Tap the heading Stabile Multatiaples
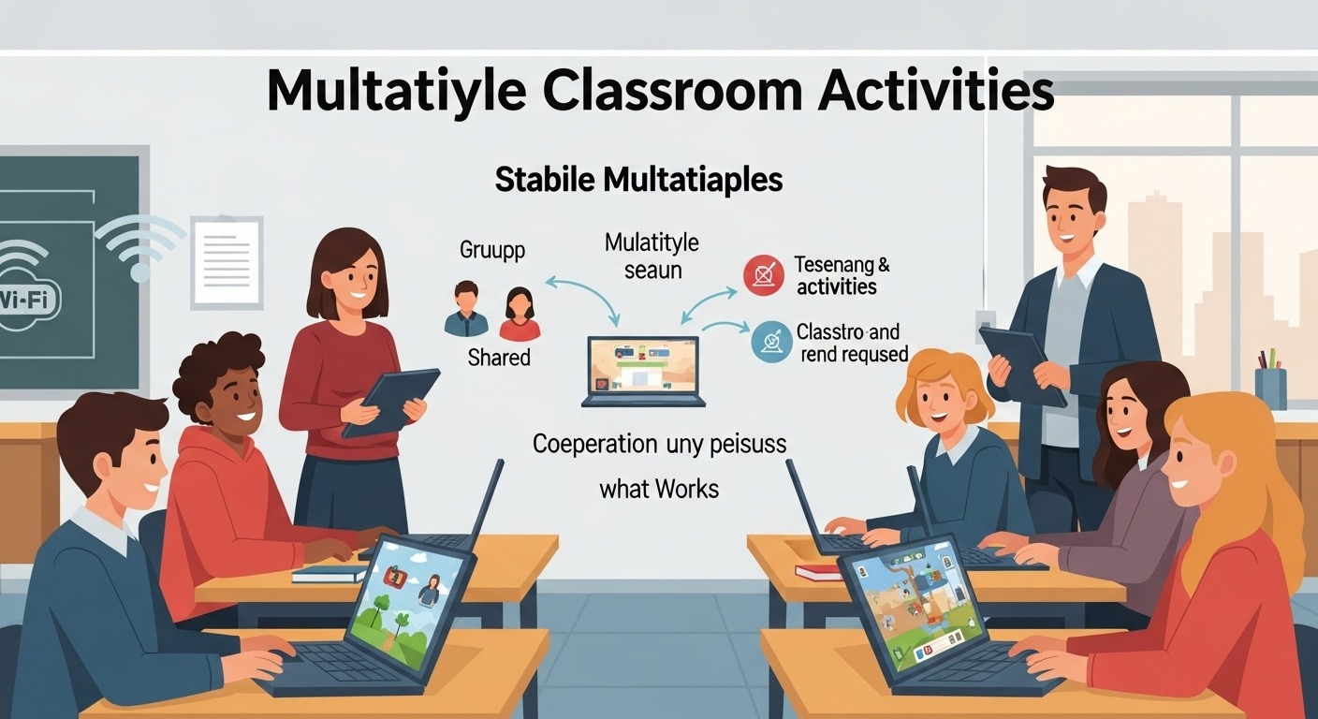[638, 180]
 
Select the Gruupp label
[492, 250]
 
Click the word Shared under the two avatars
[498, 357]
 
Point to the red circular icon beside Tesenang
[762, 275]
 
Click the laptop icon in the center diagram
[643, 371]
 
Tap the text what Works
[659, 488]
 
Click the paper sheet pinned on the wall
[227, 262]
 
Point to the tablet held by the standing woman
[390, 402]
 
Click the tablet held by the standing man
[1022, 364]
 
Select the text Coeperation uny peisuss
[659, 443]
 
